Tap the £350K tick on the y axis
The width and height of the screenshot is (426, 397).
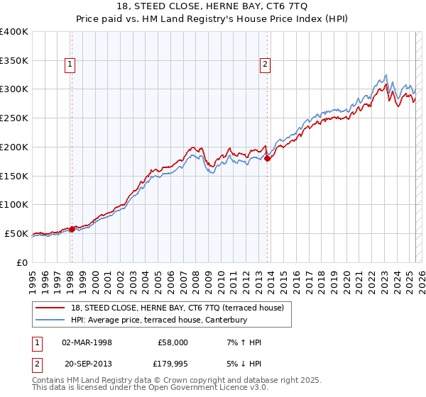pyautogui.click(x=14, y=61)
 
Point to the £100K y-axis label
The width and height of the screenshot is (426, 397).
pyautogui.click(x=14, y=204)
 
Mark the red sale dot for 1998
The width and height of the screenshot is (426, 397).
pyautogui.click(x=72, y=229)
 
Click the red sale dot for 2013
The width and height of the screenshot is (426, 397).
pyautogui.click(x=268, y=159)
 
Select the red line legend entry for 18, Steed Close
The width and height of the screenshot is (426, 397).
pyautogui.click(x=177, y=308)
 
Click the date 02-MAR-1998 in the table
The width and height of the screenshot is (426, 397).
pyautogui.click(x=87, y=342)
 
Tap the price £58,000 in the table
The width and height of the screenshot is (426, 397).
pyautogui.click(x=173, y=342)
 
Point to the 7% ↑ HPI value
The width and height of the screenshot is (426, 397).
pyautogui.click(x=244, y=342)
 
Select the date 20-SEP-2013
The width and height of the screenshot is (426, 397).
pyautogui.click(x=87, y=364)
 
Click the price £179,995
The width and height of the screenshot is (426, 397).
pyautogui.click(x=173, y=364)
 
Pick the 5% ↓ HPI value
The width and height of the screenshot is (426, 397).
pyautogui.click(x=244, y=364)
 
